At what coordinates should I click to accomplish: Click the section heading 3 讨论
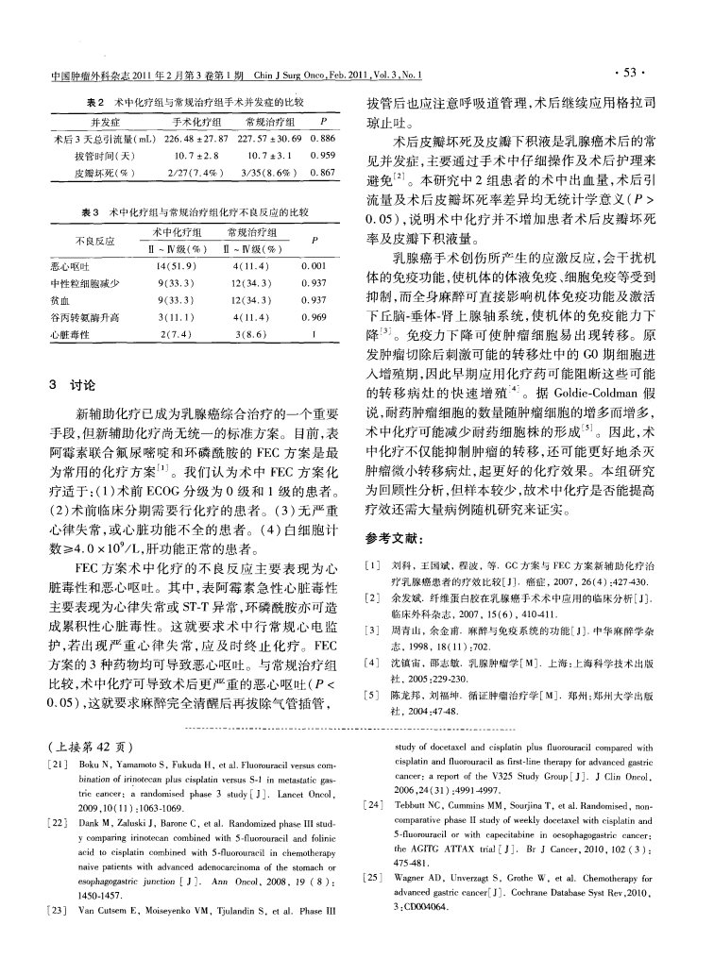(72, 385)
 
